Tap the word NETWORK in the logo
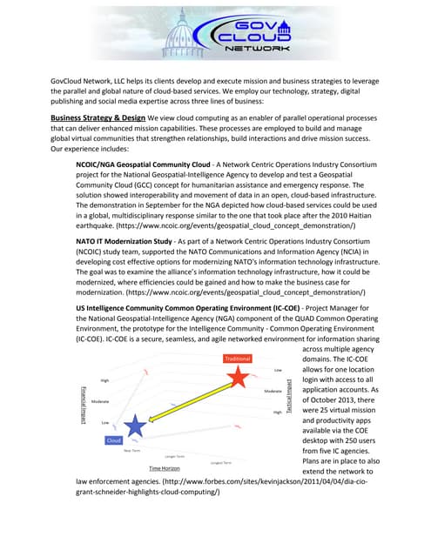pyautogui.click(x=258, y=50)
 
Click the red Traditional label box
pyautogui.click(x=238, y=358)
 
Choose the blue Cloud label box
pyautogui.click(x=113, y=440)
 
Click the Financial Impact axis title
pyautogui.click(x=83, y=406)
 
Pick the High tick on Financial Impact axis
pyautogui.click(x=104, y=380)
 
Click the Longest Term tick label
pyautogui.click(x=219, y=462)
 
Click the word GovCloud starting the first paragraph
pyautogui.click(x=67, y=80)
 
